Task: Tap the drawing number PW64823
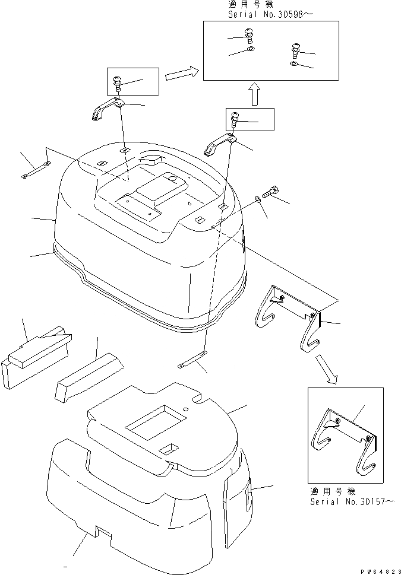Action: pos(377,568)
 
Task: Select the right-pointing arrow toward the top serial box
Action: pos(181,75)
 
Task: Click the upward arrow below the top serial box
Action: pos(254,94)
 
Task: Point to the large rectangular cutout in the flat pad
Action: pos(152,423)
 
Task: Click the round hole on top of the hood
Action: pos(172,177)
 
